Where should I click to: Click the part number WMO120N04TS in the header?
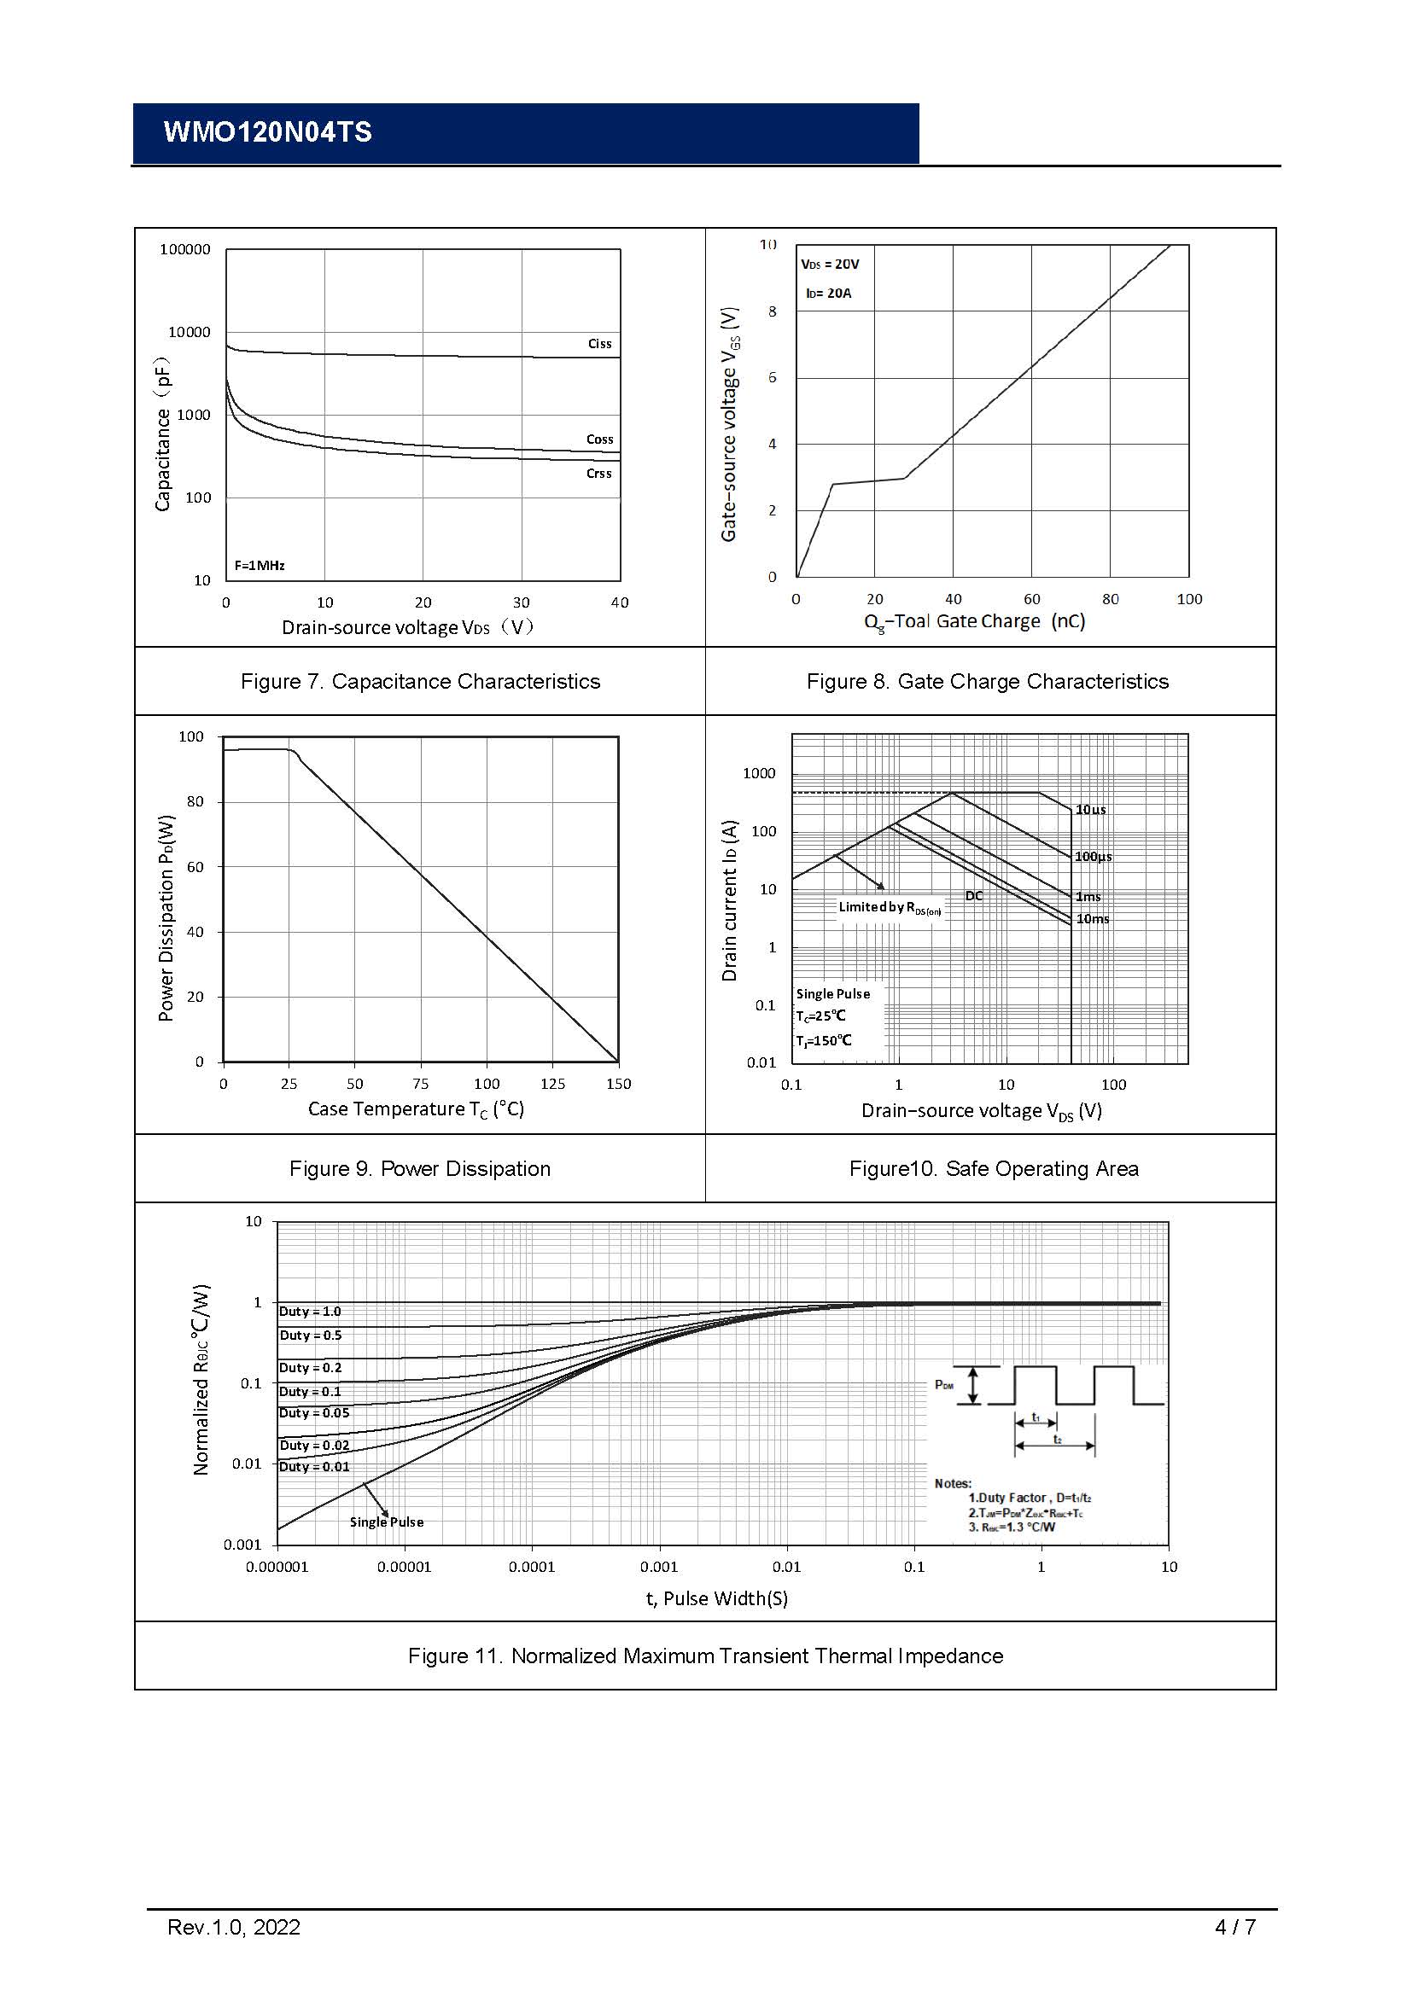[x=267, y=132]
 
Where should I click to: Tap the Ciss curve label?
[x=599, y=343]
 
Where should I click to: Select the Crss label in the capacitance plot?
[x=598, y=474]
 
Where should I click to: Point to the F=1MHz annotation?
[x=260, y=566]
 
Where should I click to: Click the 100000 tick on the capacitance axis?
[x=184, y=249]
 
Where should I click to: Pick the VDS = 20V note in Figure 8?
[x=830, y=265]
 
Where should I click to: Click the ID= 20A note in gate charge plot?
[x=828, y=294]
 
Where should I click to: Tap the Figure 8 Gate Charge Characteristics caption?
[x=987, y=682]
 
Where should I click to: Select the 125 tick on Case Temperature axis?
[x=552, y=1084]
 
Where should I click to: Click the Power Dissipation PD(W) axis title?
[x=166, y=917]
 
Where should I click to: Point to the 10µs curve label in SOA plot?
[x=1090, y=809]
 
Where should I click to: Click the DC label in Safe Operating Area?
[x=974, y=896]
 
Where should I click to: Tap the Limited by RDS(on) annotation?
[x=889, y=908]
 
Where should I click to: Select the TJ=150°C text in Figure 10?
[x=823, y=1040]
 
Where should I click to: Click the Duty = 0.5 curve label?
[x=311, y=1336]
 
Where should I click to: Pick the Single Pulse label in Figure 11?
[x=386, y=1522]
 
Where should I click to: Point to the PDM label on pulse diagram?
[x=943, y=1385]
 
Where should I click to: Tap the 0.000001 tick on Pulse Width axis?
[x=277, y=1568]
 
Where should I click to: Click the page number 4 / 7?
[x=1234, y=1928]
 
